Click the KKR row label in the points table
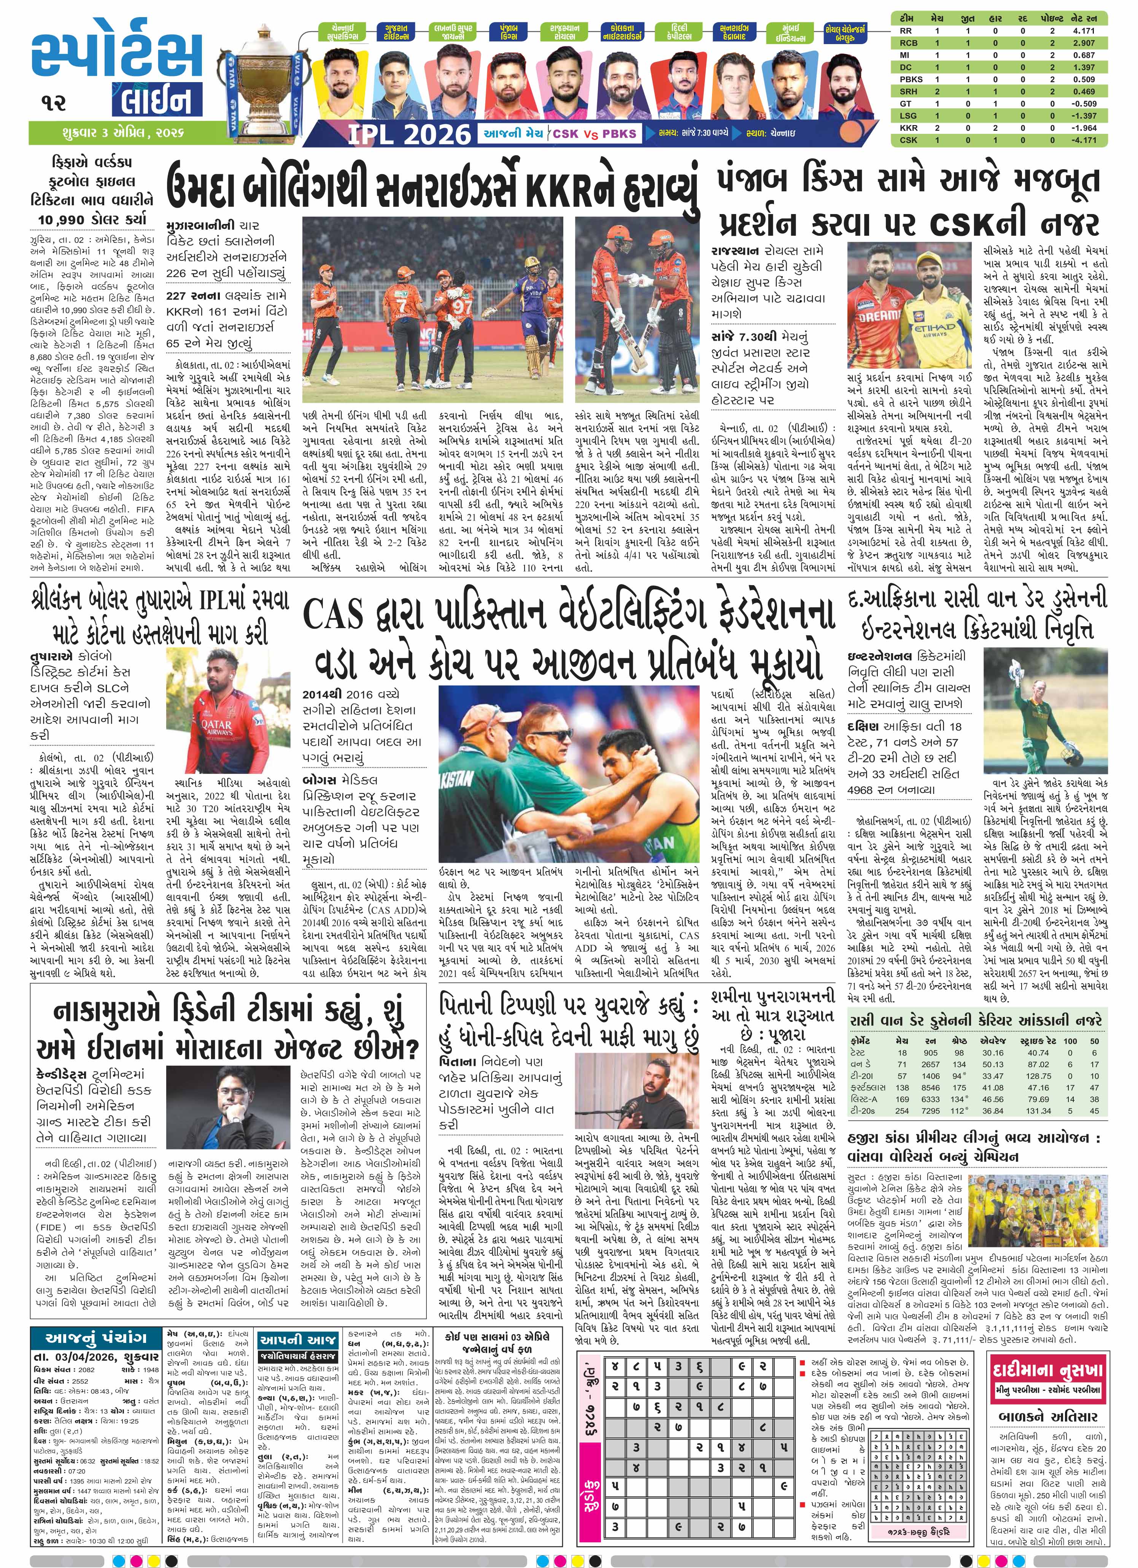click(908, 128)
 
